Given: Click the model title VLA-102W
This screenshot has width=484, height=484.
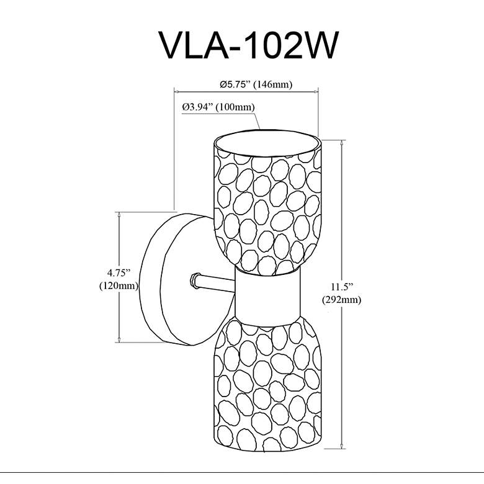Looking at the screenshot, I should (248, 45).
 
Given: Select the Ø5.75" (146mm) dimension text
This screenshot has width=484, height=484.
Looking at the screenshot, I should (256, 84).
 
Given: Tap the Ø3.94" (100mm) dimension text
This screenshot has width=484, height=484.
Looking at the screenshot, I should (218, 107).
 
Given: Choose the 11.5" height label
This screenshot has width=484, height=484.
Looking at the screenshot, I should (341, 287).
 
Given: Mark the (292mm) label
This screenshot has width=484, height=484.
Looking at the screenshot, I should (341, 300).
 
